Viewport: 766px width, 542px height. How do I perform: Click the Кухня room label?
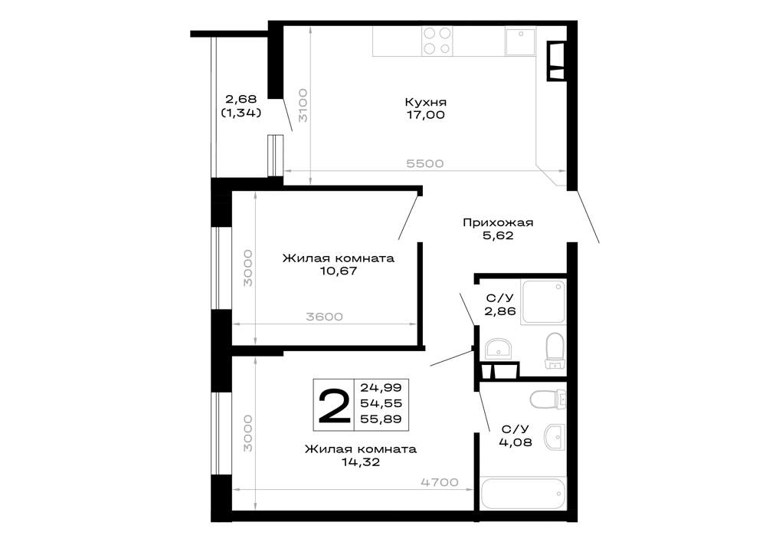pos(425,102)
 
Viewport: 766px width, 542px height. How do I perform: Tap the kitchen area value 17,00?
pos(425,115)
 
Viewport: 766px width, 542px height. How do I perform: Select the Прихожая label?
pos(498,223)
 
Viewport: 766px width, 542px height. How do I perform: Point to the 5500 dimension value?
pos(425,163)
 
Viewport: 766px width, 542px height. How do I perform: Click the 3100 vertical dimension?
pos(303,105)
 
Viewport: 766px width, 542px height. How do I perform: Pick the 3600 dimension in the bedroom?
pos(324,317)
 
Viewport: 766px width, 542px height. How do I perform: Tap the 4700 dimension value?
pos(440,482)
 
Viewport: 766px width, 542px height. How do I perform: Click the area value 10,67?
pos(339,271)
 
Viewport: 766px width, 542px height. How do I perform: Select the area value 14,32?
pos(361,462)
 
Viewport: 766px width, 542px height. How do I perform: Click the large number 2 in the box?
pos(334,406)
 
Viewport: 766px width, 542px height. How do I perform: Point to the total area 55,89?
pos(381,419)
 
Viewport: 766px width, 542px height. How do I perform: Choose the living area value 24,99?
pos(381,388)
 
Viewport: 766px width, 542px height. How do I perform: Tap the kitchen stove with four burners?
pos(437,41)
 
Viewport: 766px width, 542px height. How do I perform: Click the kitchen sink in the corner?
pos(520,41)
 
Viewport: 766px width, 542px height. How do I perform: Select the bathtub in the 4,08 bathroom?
pos(522,494)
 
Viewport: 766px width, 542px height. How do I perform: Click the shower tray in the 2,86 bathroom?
pos(543,302)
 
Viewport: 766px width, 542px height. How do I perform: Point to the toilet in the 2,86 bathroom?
pos(555,350)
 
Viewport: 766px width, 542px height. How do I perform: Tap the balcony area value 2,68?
pos(241,100)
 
